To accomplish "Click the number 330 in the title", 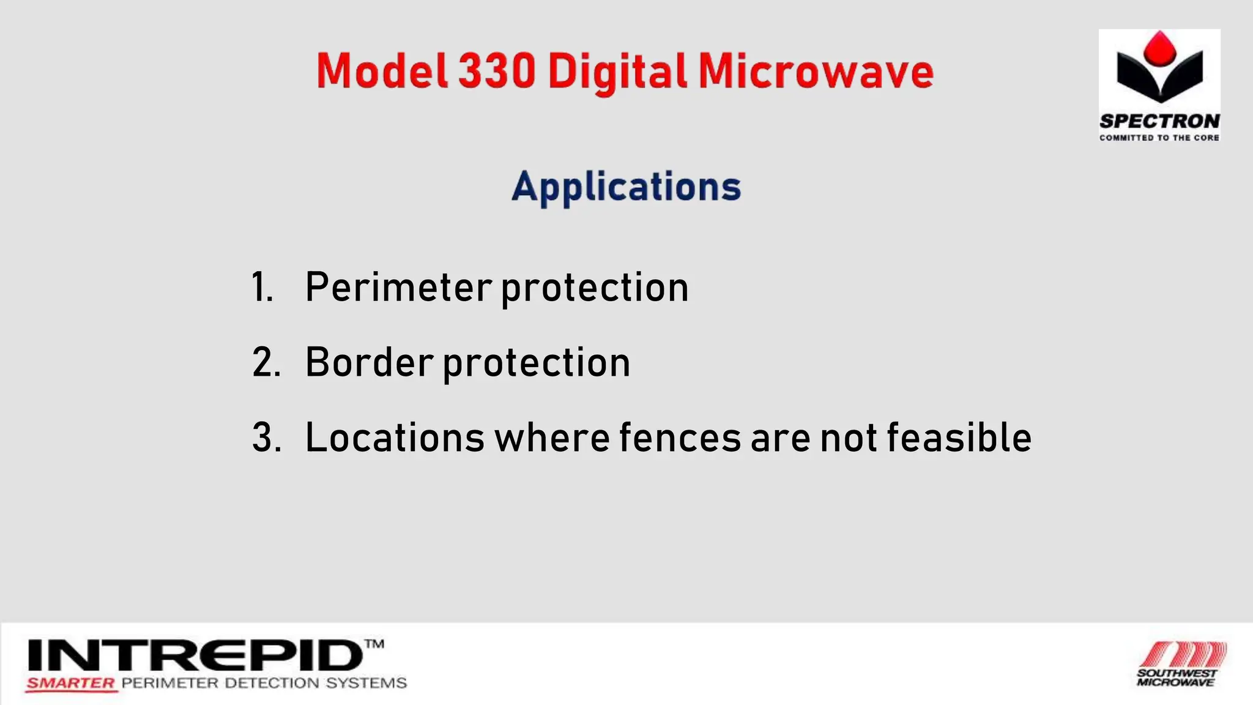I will (497, 71).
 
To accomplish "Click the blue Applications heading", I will (626, 187).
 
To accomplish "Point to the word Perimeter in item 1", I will (398, 287).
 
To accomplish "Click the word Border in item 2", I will (370, 362).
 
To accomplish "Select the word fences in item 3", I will (680, 438).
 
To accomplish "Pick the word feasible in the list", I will (959, 438).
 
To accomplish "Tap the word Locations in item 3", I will (395, 438).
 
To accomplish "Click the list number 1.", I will (262, 287).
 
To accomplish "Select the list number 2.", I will (266, 362).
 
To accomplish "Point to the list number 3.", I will (266, 438).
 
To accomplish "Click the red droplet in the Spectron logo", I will (1159, 49).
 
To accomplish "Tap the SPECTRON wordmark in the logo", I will (1159, 121).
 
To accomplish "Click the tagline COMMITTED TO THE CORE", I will (1159, 138).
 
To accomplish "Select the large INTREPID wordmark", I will (195, 655).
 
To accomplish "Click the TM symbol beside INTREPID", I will (374, 644).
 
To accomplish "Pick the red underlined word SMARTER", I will (71, 684).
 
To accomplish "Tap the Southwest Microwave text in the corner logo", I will (1177, 677).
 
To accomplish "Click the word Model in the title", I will (382, 71).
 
